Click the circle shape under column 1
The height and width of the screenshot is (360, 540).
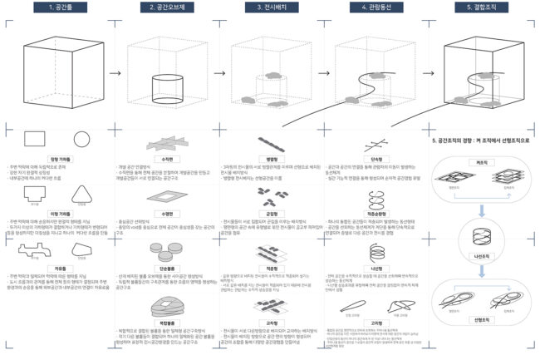pos(81,139)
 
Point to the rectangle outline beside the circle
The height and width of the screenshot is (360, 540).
pos(36,139)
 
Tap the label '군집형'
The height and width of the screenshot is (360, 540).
pos(270,212)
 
